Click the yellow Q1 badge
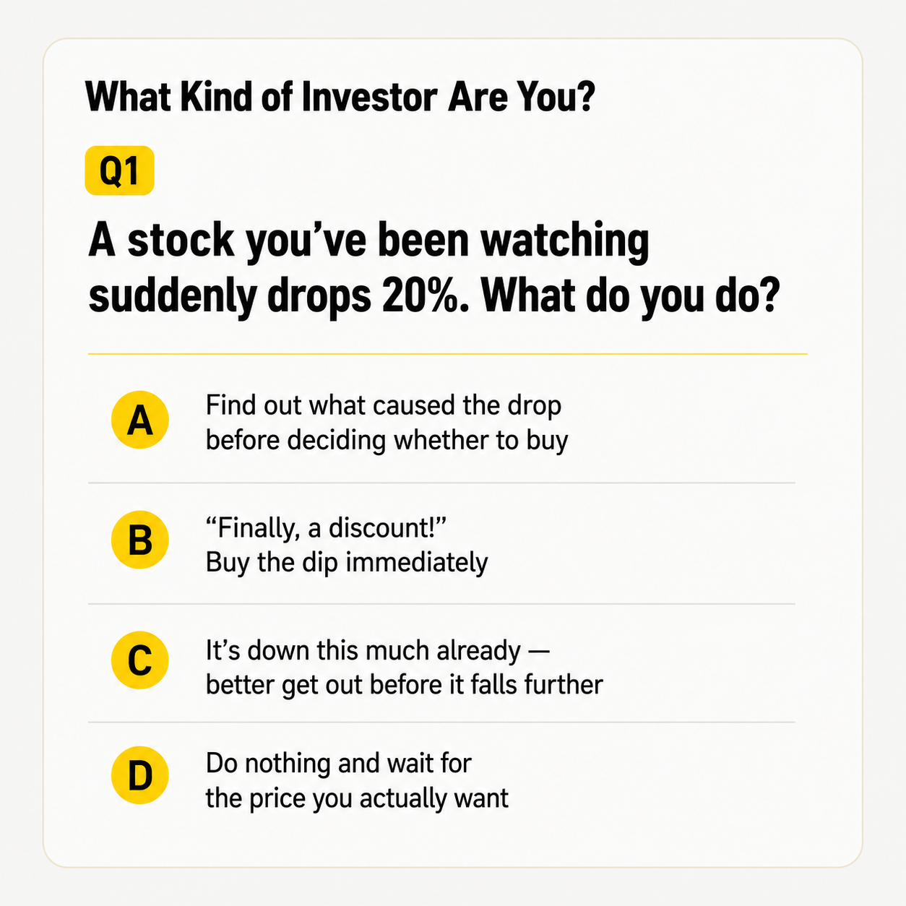119,171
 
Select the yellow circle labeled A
139,419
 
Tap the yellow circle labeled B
139,540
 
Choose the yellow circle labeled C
139,660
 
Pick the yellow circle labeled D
139,775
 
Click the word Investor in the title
369,98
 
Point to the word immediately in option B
417,563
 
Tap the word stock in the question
181,241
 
